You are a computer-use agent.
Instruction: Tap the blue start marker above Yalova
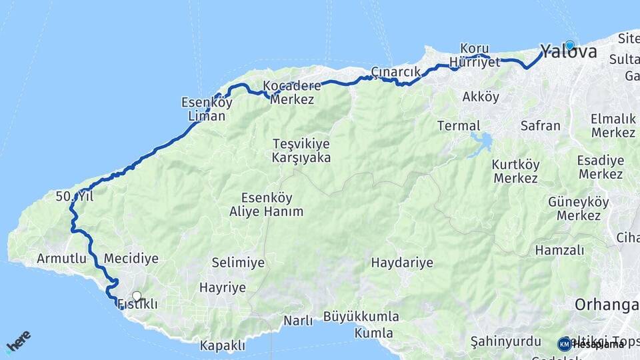[569, 45]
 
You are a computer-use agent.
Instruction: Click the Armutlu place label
[61, 258]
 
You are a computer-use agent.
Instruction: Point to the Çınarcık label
[395, 72]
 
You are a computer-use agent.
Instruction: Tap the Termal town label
[459, 125]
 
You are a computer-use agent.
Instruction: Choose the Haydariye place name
[402, 263]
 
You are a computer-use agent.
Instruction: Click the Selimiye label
[238, 263]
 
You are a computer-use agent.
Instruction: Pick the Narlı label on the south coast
[298, 321]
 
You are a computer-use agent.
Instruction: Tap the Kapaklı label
[223, 346]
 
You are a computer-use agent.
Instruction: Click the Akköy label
[481, 97]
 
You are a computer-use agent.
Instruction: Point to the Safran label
[540, 125]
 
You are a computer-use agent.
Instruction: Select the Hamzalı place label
[559, 250]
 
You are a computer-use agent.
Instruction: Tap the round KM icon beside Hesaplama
[565, 344]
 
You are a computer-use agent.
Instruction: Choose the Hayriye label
[223, 288]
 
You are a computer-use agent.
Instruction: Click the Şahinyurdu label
[505, 341]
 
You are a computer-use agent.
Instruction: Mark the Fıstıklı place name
[138, 305]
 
